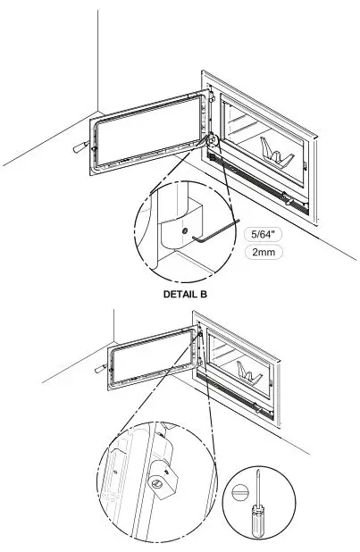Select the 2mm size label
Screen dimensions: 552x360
pos(264,253)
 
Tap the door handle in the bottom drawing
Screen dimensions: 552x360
pos(98,368)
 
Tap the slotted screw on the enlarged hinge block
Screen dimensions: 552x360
pos(160,482)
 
